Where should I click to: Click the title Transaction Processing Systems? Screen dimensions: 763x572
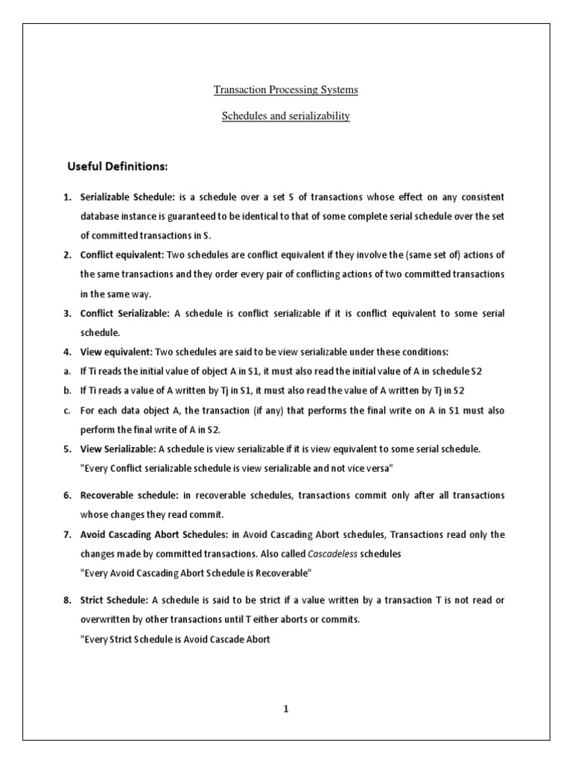click(x=286, y=90)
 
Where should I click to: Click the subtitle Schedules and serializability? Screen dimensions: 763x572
click(x=286, y=117)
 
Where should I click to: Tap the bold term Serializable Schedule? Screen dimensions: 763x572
click(x=127, y=197)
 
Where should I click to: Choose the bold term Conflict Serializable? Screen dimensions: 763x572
click(x=124, y=314)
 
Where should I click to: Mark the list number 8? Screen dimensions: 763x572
click(x=66, y=600)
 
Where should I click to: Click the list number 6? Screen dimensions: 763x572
click(x=66, y=496)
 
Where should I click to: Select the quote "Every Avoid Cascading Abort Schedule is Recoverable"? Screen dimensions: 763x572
click(x=195, y=573)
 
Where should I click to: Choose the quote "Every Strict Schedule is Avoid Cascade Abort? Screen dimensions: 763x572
click(x=175, y=639)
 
